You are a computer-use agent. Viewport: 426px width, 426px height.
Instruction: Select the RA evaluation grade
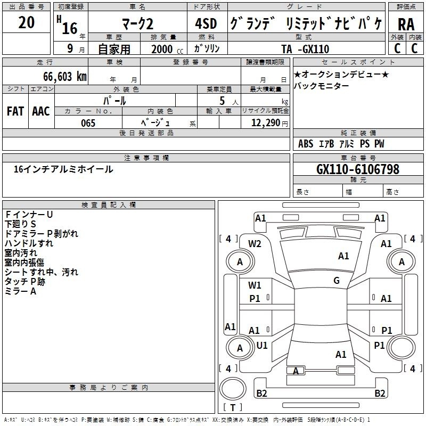pyautogui.click(x=406, y=24)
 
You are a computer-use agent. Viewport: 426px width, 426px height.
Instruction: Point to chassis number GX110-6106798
pyautogui.click(x=358, y=169)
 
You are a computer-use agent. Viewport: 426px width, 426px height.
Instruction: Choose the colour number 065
pyautogui.click(x=88, y=123)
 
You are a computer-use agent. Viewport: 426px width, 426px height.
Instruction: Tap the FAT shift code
pyautogui.click(x=15, y=111)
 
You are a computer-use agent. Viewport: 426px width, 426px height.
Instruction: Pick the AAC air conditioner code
pyautogui.click(x=41, y=111)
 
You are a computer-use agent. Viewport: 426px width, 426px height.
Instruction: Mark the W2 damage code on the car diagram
pyautogui.click(x=255, y=243)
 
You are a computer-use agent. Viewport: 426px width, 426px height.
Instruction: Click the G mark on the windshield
pyautogui.click(x=336, y=281)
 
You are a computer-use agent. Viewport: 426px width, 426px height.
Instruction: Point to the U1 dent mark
pyautogui.click(x=262, y=345)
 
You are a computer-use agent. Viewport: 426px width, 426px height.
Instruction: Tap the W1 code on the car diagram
pyautogui.click(x=255, y=285)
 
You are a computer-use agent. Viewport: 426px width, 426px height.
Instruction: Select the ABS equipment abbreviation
pyautogui.click(x=306, y=144)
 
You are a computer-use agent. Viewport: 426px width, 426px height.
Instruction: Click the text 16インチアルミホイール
pyautogui.click(x=63, y=169)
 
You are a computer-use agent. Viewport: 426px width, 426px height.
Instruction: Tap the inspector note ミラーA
pyautogui.click(x=20, y=291)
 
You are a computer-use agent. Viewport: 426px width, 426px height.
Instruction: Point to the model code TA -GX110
pyautogui.click(x=305, y=49)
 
